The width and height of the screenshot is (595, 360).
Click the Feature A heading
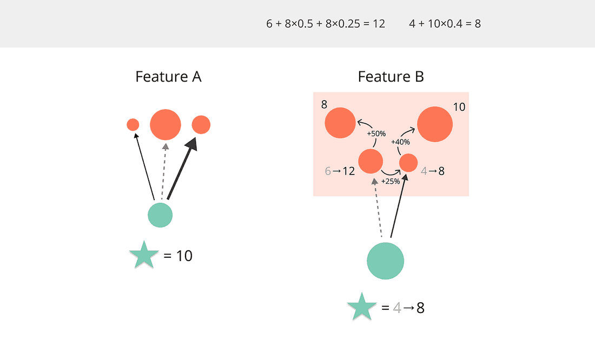tap(168, 77)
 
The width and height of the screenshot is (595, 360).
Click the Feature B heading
tap(391, 77)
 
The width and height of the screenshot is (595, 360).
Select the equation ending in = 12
tap(326, 24)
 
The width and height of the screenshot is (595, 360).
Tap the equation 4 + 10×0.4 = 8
tap(445, 24)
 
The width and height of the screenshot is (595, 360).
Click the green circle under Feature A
tap(160, 215)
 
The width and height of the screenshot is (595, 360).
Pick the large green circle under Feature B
tap(386, 261)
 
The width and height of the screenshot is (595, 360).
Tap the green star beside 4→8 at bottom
tap(361, 308)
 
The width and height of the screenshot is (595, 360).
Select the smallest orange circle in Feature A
tap(133, 125)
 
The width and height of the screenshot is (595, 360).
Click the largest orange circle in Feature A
tap(165, 124)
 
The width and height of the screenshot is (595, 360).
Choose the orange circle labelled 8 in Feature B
tap(340, 123)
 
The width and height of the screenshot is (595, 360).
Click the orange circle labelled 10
tap(434, 124)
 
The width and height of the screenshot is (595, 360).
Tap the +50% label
tap(376, 133)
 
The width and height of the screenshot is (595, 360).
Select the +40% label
tap(400, 142)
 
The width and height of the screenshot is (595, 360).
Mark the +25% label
tap(390, 182)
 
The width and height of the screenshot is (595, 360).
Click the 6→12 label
tap(340, 171)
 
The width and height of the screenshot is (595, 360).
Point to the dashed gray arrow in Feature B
tap(378, 208)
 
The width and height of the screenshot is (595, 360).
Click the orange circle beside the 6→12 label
tap(371, 161)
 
